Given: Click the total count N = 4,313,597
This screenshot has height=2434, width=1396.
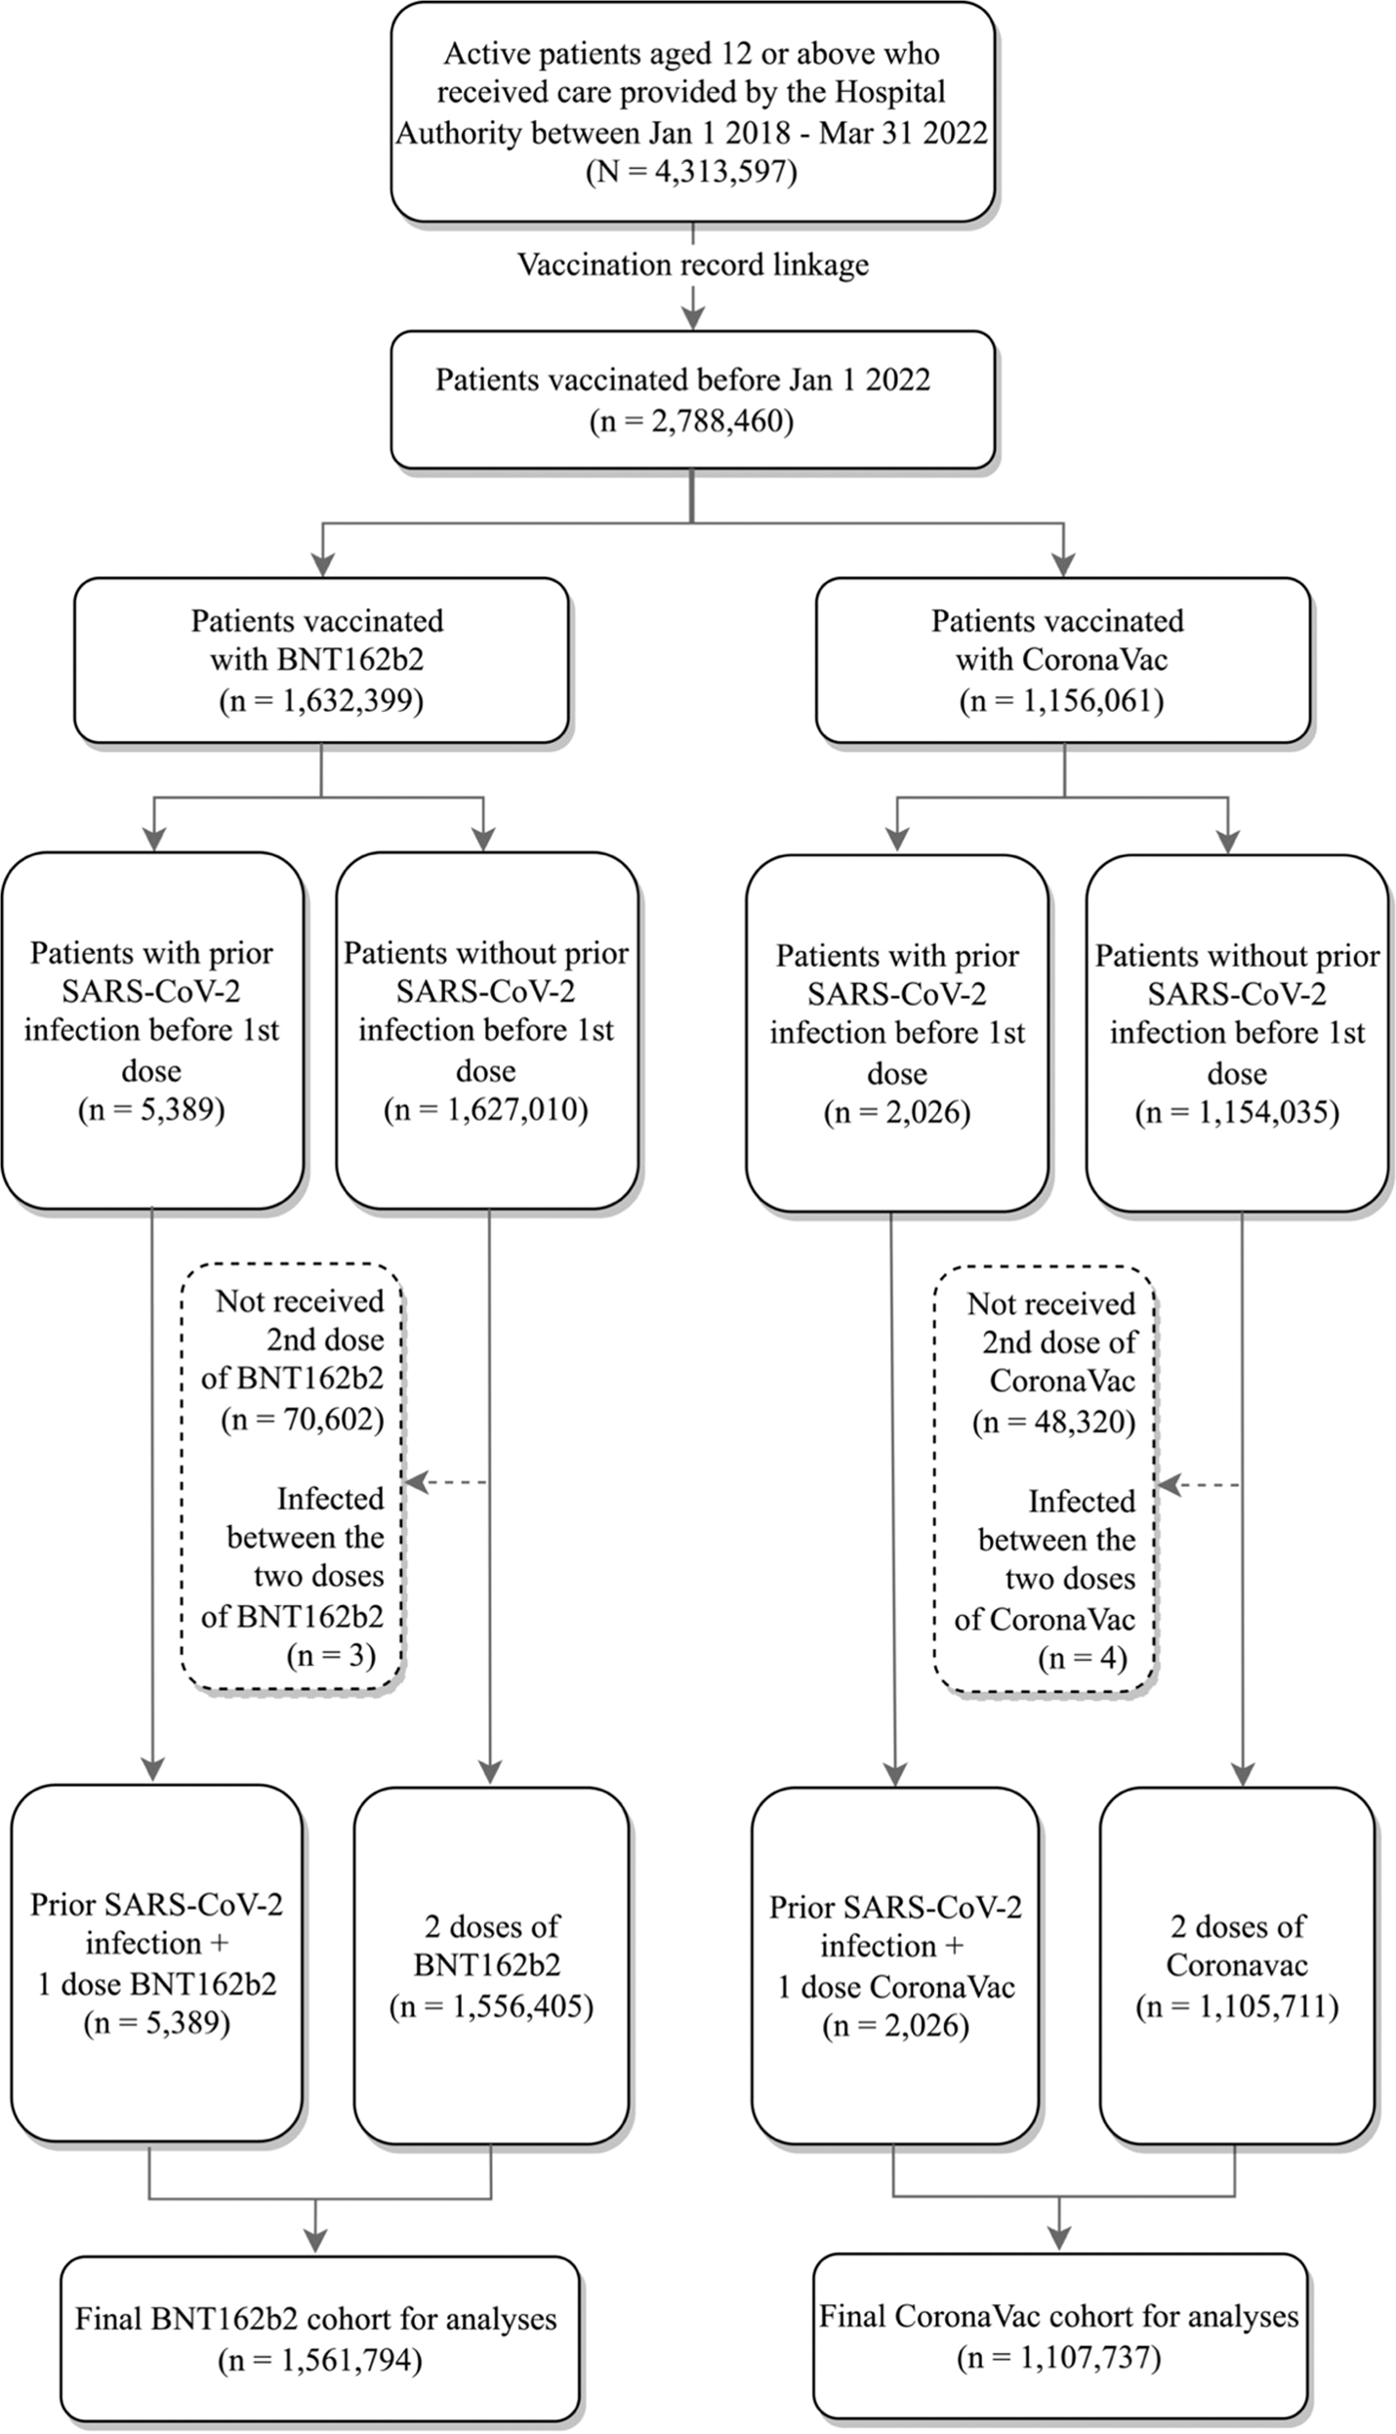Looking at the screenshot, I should coord(691,173).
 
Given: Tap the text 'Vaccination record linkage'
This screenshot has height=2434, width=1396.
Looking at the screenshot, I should coord(692,265).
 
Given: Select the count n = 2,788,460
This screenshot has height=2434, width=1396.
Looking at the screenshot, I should coord(691,421).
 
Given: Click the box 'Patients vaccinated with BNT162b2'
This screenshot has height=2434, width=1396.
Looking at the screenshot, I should coord(320,660).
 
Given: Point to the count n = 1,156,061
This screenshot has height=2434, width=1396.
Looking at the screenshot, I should coord(1061,701).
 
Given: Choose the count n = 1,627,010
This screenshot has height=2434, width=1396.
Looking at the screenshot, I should coord(485,1110).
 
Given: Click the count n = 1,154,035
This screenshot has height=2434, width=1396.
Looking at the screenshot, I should coord(1236,1113).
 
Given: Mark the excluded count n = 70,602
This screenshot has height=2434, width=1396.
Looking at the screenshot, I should coord(302,1419).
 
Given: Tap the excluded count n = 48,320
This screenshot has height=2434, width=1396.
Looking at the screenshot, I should coord(1053,1422).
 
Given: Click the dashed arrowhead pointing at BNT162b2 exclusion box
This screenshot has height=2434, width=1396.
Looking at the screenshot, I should coord(416,1483).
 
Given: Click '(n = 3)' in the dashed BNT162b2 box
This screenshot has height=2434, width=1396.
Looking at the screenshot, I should coord(330,1656).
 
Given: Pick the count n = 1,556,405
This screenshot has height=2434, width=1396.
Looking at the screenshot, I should coord(491,2007).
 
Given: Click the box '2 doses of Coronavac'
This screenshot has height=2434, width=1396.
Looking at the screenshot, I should coord(1236,1965).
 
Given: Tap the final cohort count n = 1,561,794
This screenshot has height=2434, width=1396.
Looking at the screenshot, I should coord(319,2362).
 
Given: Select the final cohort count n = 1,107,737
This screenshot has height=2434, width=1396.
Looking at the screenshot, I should coord(1058,2359).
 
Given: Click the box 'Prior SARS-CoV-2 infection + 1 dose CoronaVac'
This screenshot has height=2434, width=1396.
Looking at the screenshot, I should coord(895,1965).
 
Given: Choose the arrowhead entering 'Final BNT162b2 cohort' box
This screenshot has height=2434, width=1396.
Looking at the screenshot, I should coord(316,2243).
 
